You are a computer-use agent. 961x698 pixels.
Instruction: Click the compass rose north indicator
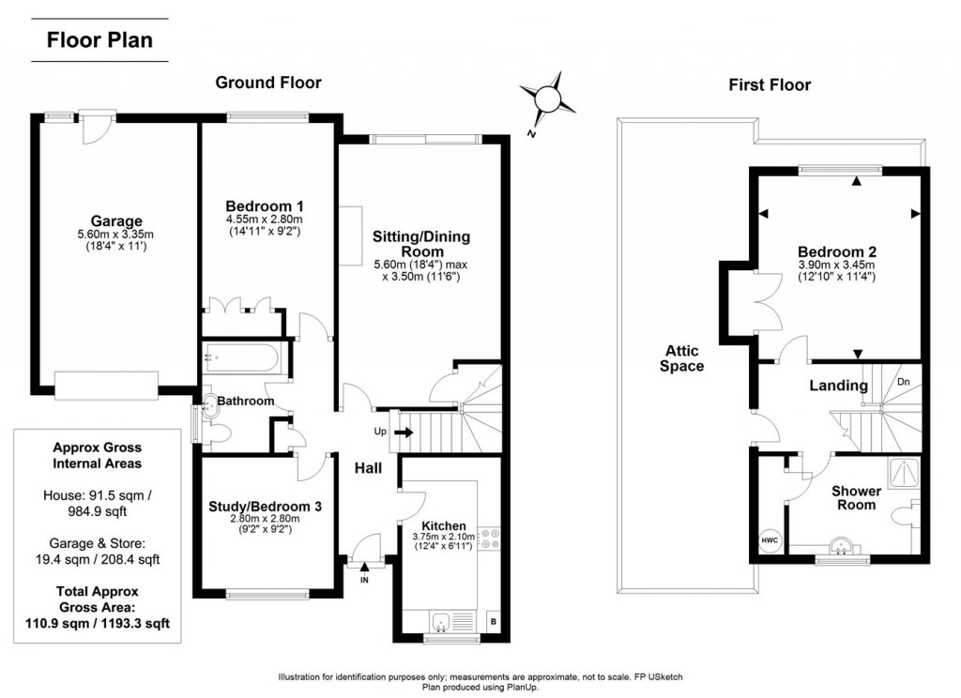coord(548,99)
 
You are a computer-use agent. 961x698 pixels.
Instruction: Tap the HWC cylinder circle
coord(770,539)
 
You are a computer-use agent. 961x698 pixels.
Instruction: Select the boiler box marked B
coord(494,621)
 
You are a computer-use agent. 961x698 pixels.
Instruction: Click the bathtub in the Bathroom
coord(242,357)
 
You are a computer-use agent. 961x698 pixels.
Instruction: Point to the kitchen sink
coord(441,622)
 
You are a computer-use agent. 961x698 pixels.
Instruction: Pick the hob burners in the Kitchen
coord(488,539)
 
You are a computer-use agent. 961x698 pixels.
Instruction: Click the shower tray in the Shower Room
coord(905,473)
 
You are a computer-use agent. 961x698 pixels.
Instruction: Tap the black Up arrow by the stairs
coord(403,432)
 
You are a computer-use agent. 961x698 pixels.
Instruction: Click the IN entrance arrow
coord(364,569)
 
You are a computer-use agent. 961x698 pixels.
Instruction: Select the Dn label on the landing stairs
coord(903,382)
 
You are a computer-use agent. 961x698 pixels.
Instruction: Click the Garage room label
coord(116,221)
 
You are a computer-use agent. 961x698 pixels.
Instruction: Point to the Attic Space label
coord(681,358)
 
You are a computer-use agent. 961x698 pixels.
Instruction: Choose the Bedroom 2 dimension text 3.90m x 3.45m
coord(836,266)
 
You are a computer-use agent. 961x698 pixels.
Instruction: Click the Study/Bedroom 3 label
coord(265,507)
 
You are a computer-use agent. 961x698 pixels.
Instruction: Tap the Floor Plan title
coord(99,40)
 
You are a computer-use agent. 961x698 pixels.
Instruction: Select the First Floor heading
coord(770,85)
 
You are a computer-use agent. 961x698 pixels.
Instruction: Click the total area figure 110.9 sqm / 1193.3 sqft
coord(98,624)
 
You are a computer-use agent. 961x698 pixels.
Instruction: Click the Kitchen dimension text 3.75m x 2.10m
coord(444,537)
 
